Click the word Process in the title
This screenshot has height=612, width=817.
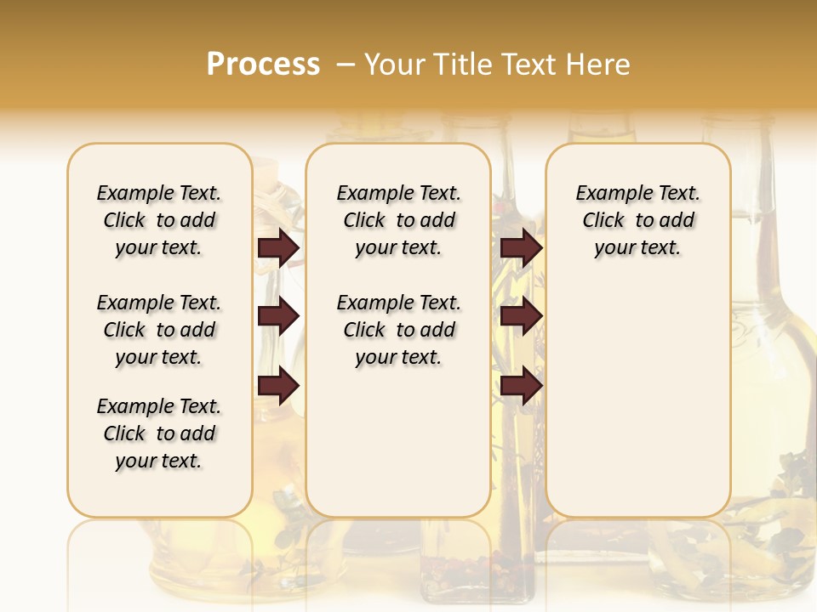[x=263, y=64]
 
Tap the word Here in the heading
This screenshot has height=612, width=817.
[x=597, y=64]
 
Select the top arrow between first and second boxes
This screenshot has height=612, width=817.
[x=278, y=248]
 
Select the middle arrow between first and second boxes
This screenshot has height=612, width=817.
[x=278, y=316]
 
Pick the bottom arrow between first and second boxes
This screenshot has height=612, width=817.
[x=278, y=386]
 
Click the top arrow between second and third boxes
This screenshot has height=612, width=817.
[x=521, y=248]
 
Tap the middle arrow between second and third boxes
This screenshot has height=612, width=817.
[x=521, y=316]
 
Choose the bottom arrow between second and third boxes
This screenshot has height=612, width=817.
[x=521, y=386]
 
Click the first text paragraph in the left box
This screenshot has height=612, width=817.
[x=159, y=220]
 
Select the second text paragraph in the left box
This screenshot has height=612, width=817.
[x=159, y=330]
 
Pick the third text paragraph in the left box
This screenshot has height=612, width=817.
[x=159, y=433]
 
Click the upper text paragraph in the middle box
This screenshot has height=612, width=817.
[x=398, y=220]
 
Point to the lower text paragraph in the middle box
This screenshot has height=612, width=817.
[x=398, y=330]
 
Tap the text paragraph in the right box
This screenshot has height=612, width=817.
[x=637, y=220]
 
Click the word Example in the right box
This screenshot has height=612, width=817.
[x=609, y=193]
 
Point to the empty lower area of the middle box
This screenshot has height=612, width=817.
[x=398, y=442]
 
